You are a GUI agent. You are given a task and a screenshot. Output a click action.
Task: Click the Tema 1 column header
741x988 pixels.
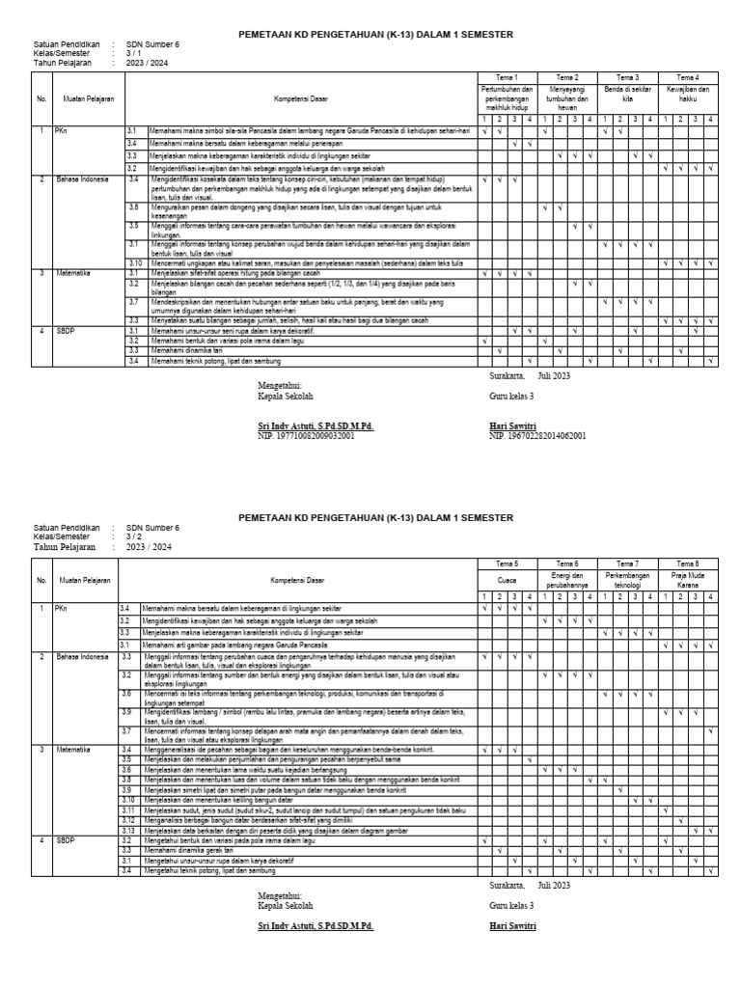tap(508, 77)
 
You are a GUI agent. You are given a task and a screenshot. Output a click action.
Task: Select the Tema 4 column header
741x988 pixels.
tap(688, 77)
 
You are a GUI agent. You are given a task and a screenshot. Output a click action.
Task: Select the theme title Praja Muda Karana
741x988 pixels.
tap(688, 581)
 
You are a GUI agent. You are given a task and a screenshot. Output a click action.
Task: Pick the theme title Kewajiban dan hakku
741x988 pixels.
tap(688, 94)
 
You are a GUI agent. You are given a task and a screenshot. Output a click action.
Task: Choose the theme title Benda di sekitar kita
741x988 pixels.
tap(627, 94)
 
